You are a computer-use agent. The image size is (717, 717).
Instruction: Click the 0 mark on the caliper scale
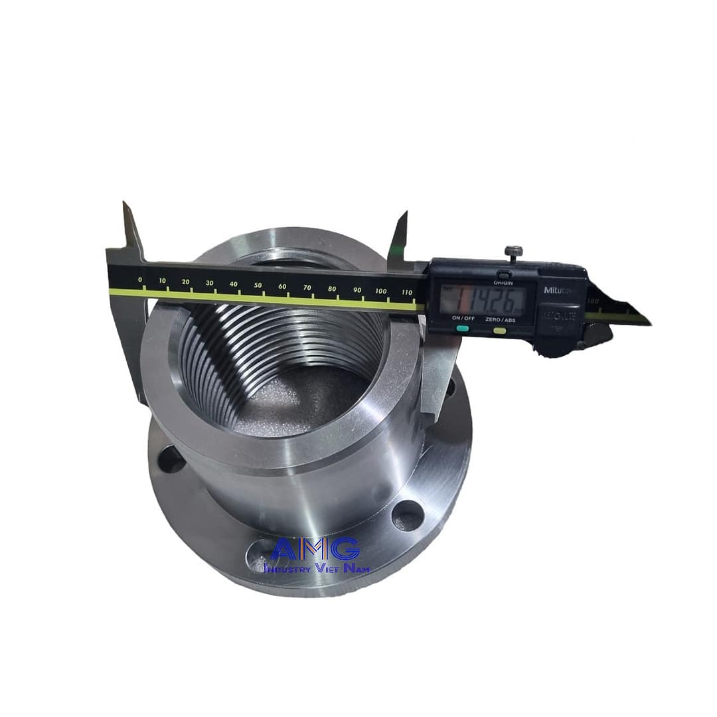pos(140,279)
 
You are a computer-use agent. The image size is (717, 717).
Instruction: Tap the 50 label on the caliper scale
pos(258,285)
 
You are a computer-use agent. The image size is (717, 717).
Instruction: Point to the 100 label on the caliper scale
pos(381,291)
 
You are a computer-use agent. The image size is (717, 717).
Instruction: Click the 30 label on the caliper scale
pos(210,283)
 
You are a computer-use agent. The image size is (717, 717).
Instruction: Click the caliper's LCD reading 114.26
pos(484,300)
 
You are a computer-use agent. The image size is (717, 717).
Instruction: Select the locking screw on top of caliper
pos(513,252)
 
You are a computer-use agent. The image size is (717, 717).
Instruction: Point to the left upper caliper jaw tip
pos(125,205)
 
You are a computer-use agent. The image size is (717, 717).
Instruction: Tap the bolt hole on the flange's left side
pos(171,459)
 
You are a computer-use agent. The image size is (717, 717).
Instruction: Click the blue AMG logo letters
pos(316,548)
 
